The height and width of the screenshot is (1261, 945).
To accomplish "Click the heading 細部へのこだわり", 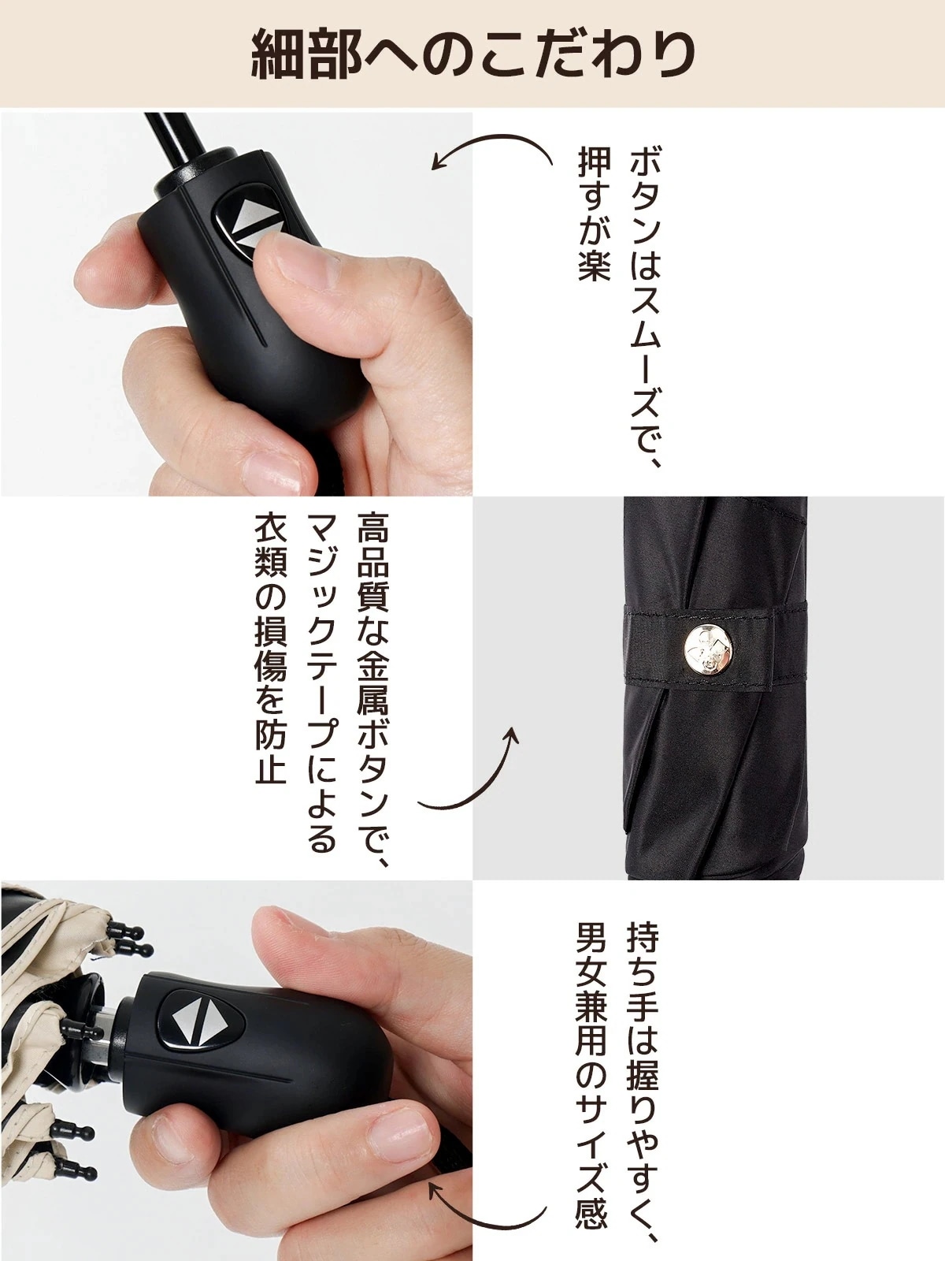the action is (472, 54).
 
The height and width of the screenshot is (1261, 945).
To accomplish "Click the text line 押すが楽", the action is (593, 215).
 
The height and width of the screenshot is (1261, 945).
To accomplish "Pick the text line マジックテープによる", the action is (321, 683).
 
